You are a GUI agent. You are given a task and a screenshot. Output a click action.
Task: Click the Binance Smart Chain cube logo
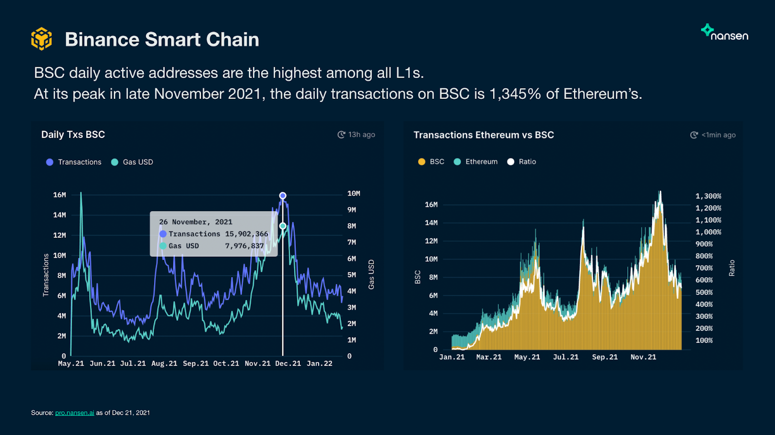42,39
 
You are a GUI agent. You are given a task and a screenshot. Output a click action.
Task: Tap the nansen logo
725,33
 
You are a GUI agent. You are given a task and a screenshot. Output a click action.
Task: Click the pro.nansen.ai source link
75,413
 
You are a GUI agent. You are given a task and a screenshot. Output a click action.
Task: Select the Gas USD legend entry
132,162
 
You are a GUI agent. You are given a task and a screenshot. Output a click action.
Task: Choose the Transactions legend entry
74,162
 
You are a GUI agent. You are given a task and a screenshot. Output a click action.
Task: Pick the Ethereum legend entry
476,162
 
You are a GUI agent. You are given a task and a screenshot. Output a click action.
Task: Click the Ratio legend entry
522,162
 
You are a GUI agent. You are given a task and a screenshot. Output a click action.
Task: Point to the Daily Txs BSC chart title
73,135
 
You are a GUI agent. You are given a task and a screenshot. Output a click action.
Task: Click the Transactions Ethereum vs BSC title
483,135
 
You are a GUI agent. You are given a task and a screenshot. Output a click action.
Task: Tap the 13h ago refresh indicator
356,135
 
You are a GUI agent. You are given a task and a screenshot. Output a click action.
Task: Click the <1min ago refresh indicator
713,135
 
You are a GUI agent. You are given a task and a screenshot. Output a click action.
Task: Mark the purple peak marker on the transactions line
283,196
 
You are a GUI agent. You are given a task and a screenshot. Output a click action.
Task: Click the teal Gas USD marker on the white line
283,226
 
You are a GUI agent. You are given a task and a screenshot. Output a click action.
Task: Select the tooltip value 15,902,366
247,234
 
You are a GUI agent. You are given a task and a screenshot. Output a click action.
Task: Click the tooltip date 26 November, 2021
196,222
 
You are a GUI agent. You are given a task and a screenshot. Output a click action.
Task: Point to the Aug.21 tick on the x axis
164,363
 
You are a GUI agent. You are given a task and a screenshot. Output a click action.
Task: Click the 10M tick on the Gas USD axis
354,194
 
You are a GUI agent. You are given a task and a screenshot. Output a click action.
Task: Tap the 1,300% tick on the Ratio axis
708,196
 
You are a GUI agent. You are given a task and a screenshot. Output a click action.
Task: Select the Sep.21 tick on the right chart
604,357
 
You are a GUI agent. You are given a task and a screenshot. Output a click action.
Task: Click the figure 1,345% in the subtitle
515,93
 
